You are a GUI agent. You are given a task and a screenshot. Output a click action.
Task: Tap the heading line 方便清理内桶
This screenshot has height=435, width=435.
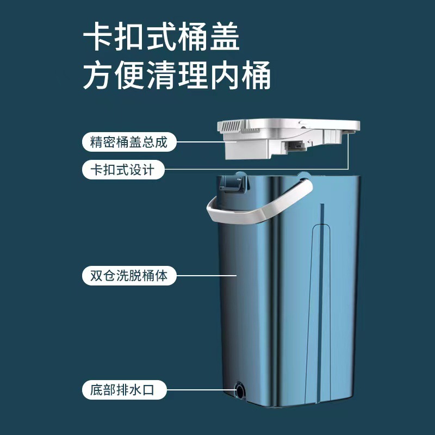(177, 76)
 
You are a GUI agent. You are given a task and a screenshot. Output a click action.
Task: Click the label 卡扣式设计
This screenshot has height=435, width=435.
(122, 170)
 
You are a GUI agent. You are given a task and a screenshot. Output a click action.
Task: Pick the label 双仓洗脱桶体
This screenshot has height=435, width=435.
(129, 275)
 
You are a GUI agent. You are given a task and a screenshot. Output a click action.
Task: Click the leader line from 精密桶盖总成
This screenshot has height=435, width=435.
(198, 143)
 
